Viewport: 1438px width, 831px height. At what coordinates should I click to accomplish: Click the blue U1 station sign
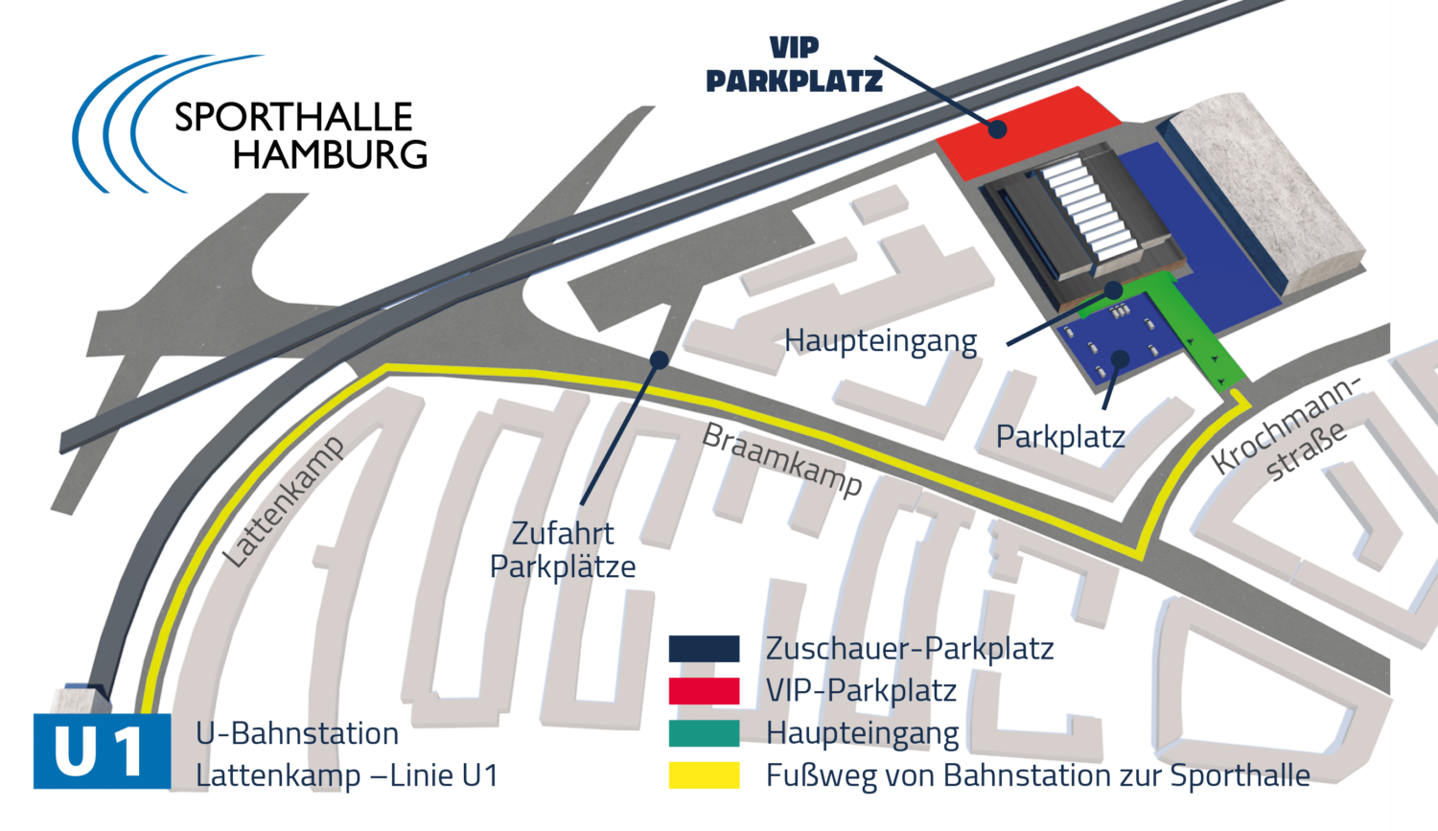point(102,751)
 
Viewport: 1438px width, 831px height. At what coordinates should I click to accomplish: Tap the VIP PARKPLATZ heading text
point(794,65)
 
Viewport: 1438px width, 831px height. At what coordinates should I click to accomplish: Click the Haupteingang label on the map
point(881,341)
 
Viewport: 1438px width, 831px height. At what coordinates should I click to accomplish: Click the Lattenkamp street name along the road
point(284,502)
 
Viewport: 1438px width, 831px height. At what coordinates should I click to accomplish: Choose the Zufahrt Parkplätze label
point(563,549)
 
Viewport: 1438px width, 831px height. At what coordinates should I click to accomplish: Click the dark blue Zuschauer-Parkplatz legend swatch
point(704,649)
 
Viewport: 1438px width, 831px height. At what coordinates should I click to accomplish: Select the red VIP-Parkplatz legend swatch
point(704,691)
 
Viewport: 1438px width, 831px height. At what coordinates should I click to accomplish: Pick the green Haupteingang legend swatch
point(704,733)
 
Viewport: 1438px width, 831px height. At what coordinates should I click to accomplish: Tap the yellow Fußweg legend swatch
point(704,774)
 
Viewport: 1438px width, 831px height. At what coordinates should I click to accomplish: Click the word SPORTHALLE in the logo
point(293,118)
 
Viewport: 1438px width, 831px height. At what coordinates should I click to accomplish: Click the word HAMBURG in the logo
point(330,154)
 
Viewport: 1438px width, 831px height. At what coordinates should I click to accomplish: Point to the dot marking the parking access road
point(659,359)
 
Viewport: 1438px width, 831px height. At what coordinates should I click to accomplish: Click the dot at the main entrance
point(1113,289)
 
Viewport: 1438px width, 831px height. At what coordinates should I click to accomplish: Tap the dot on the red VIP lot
point(998,128)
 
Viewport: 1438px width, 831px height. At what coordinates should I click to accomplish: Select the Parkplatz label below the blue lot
point(1060,437)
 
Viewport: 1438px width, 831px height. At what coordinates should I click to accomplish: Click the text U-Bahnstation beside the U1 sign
point(297,733)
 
